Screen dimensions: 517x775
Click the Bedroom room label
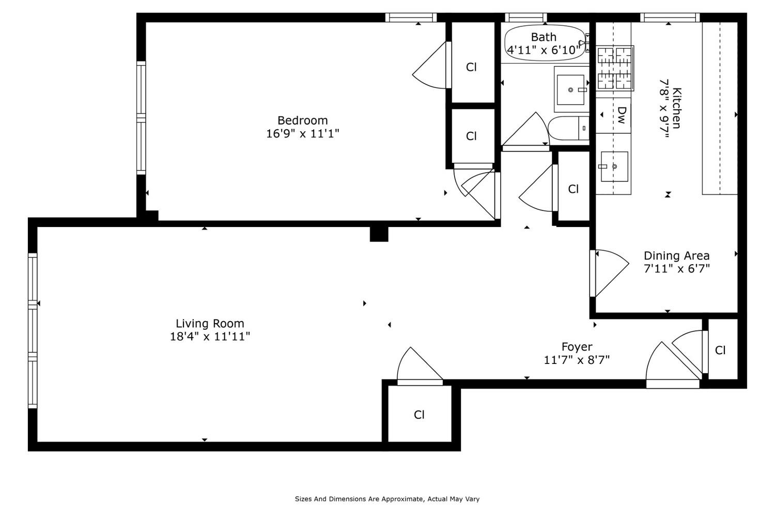point(302,120)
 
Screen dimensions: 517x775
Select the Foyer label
point(577,347)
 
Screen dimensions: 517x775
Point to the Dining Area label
point(676,256)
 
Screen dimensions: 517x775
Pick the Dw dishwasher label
point(622,115)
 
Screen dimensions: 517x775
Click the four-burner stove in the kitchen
point(615,68)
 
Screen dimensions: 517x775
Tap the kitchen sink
point(614,166)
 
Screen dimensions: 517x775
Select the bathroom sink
point(571,89)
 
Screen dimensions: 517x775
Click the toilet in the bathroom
point(569,128)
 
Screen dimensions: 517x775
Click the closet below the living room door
point(419,415)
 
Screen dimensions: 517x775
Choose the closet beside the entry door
point(721,351)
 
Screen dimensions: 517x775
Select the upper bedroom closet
point(471,67)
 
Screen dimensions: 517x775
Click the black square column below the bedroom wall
point(379,234)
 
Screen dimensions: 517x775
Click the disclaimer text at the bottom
point(387,499)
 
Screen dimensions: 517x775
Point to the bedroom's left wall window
point(141,118)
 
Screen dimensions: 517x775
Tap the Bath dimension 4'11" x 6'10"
point(544,50)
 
